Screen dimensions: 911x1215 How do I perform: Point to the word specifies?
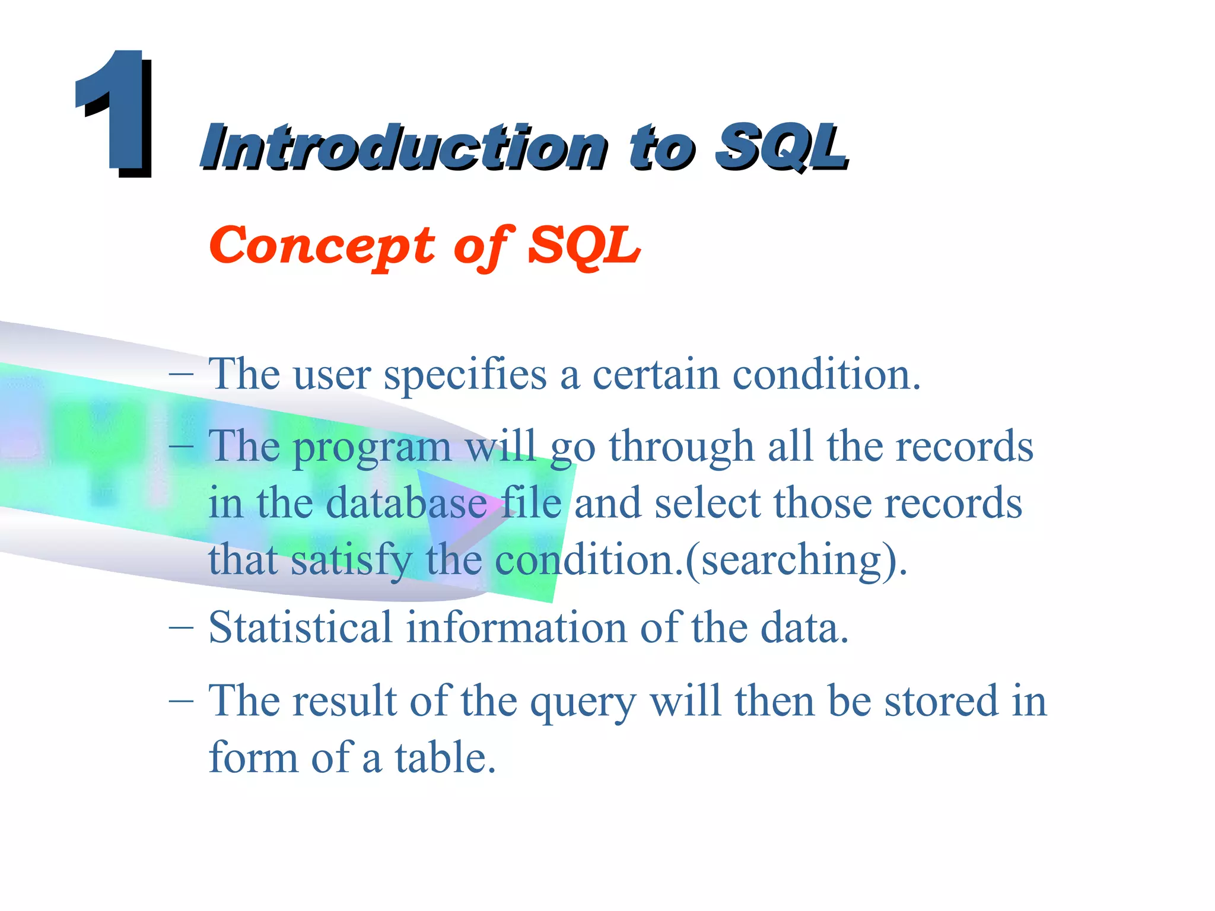[x=465, y=376]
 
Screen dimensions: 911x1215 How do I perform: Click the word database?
[x=406, y=504]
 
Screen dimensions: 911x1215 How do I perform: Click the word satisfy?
[x=351, y=561]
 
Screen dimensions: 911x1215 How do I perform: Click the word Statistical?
[x=300, y=627]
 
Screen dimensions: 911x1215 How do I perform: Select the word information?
[x=516, y=627]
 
